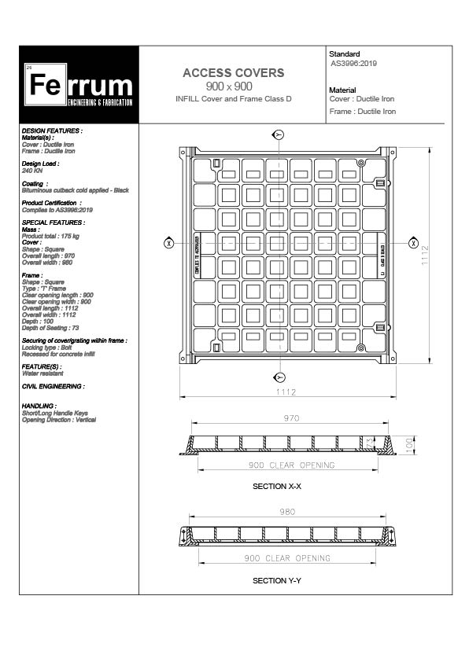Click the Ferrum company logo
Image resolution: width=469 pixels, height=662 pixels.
tap(79, 86)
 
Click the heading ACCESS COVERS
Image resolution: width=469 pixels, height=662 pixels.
tap(233, 73)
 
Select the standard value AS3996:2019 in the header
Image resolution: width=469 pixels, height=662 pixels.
tap(353, 64)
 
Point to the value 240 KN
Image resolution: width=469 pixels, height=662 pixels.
tap(32, 170)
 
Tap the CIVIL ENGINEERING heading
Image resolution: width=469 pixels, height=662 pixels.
tap(52, 387)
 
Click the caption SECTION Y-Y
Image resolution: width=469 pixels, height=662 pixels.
tap(277, 581)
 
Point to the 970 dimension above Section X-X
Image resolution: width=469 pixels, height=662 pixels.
tap(291, 419)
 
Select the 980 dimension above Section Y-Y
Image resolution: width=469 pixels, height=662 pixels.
tap(287, 512)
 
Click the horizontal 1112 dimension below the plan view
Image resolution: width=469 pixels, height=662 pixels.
tap(285, 392)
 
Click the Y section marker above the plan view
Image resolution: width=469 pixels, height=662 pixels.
tap(278, 134)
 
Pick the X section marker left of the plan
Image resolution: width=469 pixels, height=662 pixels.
tap(168, 243)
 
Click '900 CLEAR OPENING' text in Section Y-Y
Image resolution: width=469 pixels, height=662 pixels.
tap(287, 558)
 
